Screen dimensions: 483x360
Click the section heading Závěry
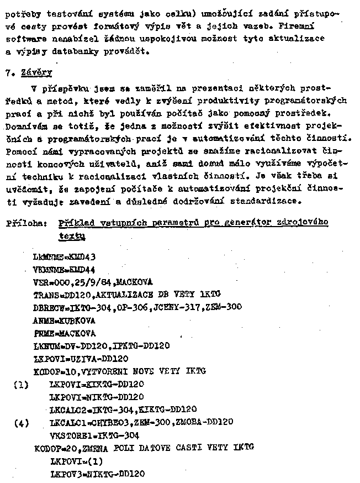pos(36,72)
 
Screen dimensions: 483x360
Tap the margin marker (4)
pos(20,423)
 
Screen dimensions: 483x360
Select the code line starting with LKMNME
pos(64,257)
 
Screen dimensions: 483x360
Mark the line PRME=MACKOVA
pos(64,333)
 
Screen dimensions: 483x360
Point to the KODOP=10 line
pos(119,370)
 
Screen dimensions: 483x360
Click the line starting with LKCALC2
pos(123,410)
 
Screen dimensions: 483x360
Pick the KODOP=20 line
pos(143,447)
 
